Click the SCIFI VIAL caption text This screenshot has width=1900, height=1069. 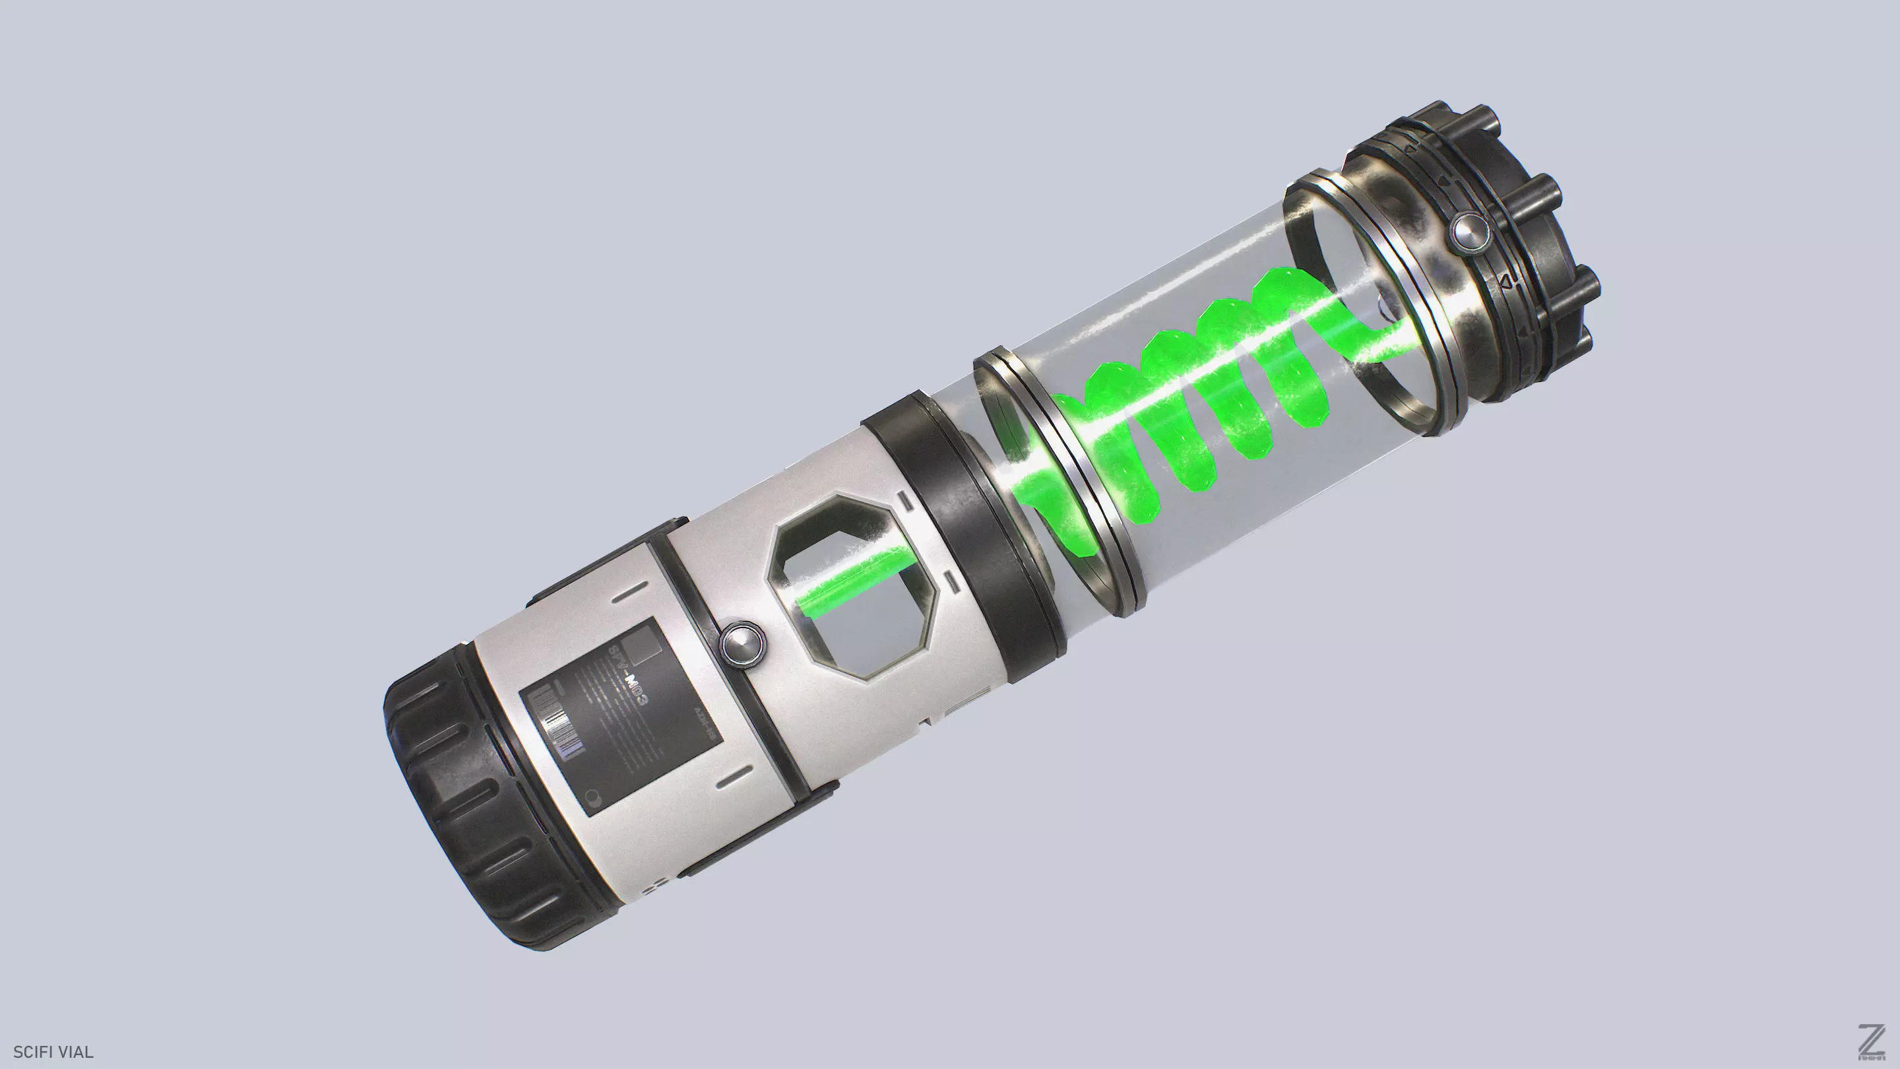tap(53, 1052)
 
